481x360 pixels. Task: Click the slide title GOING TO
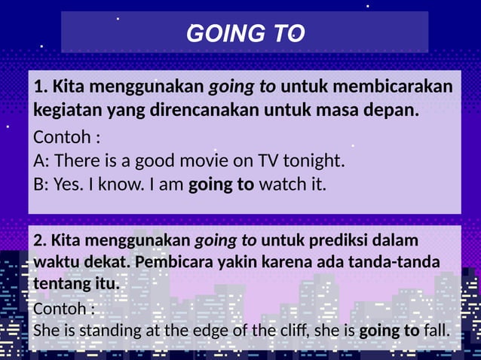tap(245, 34)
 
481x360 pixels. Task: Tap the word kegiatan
tap(64, 111)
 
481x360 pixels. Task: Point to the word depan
tap(392, 111)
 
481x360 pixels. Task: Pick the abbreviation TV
tap(268, 161)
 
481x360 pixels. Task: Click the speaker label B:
tap(42, 183)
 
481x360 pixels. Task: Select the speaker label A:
tap(42, 161)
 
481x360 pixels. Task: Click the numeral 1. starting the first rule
tap(41, 87)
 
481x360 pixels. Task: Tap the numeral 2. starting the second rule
tap(41, 241)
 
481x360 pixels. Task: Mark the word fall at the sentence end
tap(437, 331)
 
